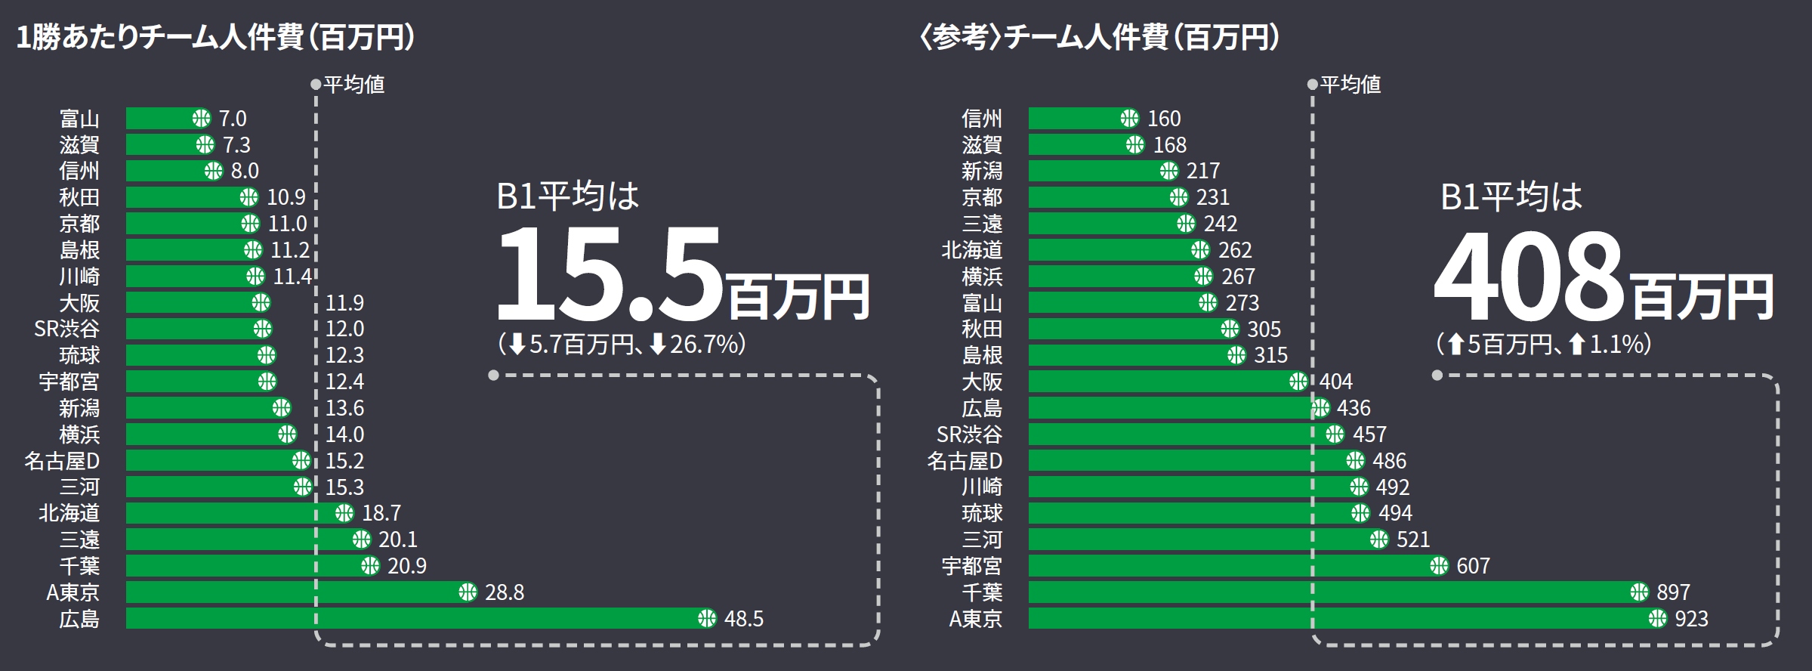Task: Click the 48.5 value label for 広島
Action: pos(743,619)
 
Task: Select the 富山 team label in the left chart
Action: pos(79,119)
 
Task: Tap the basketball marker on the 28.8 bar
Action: pos(468,592)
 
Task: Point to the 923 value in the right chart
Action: pos(1691,619)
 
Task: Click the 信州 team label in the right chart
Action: pos(981,119)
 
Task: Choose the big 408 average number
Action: pos(1530,275)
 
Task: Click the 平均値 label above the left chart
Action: pos(353,84)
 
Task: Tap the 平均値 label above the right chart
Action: pos(1350,84)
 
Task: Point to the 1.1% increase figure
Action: pos(1617,345)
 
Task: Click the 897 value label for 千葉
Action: pos(1673,592)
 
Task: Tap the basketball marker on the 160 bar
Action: pos(1129,119)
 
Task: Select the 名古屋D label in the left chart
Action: pos(62,461)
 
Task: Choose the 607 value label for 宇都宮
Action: pos(1473,566)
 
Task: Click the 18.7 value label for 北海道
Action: pos(381,513)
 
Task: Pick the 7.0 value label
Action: pos(233,119)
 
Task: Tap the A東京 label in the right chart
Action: pos(975,619)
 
